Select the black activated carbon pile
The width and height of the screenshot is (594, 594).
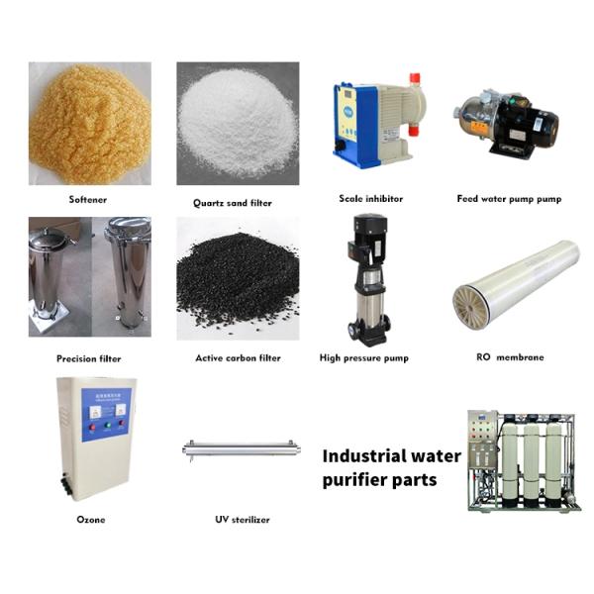pyautogui.click(x=238, y=281)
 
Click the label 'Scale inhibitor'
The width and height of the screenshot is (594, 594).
pyautogui.click(x=371, y=199)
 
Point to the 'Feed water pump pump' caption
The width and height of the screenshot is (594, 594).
pyautogui.click(x=509, y=199)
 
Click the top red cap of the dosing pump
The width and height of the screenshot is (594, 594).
pyautogui.click(x=415, y=79)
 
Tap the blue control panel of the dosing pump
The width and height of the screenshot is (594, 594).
pyautogui.click(x=354, y=120)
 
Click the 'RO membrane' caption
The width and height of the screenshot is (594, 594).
pyautogui.click(x=510, y=357)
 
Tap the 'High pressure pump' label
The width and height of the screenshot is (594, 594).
pyautogui.click(x=364, y=358)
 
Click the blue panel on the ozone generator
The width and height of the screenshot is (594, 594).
pyautogui.click(x=107, y=415)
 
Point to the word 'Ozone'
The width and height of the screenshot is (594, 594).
pyautogui.click(x=91, y=520)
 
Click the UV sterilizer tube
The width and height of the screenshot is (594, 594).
pyautogui.click(x=242, y=449)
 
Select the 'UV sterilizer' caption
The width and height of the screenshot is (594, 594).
pyautogui.click(x=243, y=520)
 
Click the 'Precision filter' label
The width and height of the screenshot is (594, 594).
pyautogui.click(x=89, y=358)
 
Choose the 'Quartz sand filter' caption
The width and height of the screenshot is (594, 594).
pyautogui.click(x=233, y=203)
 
